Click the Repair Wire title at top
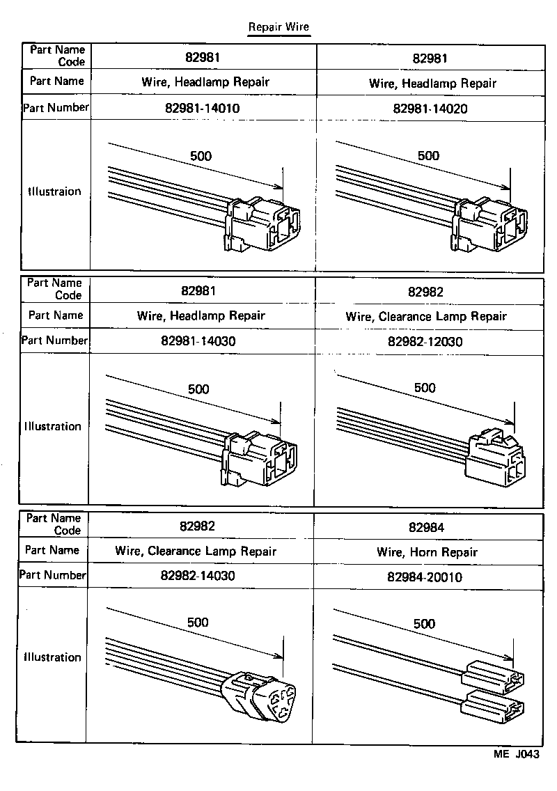point(278,27)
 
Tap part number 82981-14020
point(430,109)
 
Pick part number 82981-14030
point(201,342)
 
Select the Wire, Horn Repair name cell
point(427,552)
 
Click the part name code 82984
point(426,527)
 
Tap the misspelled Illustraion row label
point(54,191)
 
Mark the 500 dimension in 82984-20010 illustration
point(424,624)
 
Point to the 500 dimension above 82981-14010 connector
point(201,156)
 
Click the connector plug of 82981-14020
point(487,224)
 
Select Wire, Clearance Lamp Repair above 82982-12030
point(426,317)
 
